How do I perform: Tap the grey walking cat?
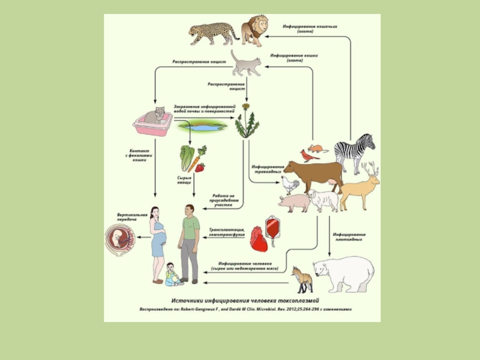pos(246,63)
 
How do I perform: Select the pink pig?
pos(294,202)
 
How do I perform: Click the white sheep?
pos(324,200)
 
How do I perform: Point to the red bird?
pos(307,156)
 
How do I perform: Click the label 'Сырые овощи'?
pos(184,180)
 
